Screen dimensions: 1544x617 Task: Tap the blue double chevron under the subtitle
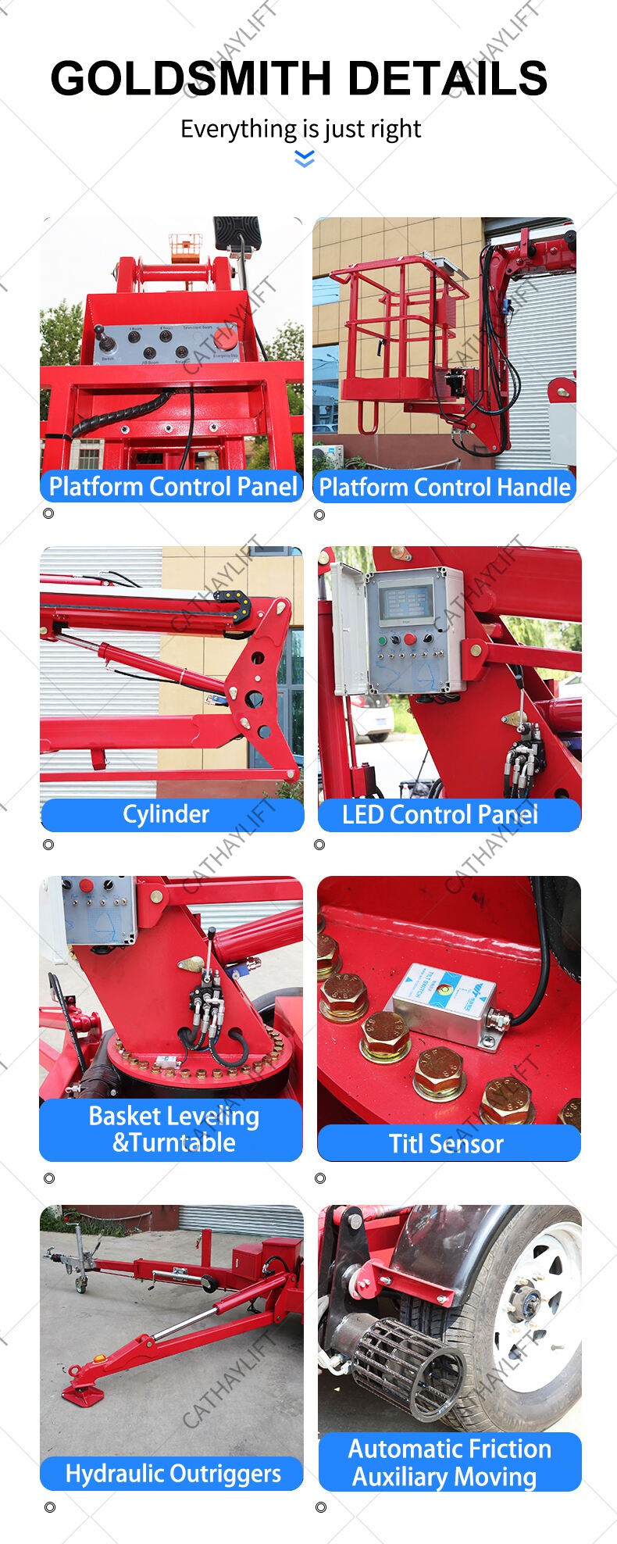pos(305,159)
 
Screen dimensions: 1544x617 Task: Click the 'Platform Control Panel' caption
pos(173,487)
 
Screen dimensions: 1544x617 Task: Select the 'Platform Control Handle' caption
pos(444,488)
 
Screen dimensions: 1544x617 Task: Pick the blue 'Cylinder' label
pos(166,814)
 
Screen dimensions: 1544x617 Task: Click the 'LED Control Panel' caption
pos(440,815)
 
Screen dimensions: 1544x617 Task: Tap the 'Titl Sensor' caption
pos(446,1144)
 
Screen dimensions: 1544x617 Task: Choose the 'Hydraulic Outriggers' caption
pos(173,1474)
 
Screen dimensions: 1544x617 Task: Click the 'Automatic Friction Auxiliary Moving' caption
pos(450,1463)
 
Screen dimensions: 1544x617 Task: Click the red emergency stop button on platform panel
pos(225,338)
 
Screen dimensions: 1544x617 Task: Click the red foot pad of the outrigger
pos(83,1393)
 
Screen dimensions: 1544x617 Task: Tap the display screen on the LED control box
pos(405,602)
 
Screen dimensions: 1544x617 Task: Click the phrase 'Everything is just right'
pos(301,128)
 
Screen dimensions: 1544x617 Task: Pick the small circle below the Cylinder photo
pos(48,845)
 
